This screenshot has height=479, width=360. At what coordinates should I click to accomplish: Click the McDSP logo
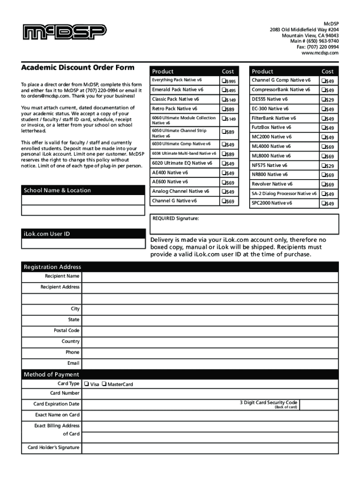(65, 32)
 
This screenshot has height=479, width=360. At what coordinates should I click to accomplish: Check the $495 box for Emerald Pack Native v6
(223, 90)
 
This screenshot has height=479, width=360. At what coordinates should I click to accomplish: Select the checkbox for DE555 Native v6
(323, 100)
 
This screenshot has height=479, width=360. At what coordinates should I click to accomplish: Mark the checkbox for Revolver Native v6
(323, 185)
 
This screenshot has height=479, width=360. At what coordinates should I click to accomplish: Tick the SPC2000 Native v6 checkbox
(323, 203)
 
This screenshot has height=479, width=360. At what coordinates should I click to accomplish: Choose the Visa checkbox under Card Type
(86, 384)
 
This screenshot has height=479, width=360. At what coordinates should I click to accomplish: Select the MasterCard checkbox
(104, 384)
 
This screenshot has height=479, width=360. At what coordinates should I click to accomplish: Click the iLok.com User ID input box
(83, 244)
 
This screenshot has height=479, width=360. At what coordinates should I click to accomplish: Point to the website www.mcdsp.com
(320, 53)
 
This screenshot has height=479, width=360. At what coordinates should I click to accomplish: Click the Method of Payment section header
(51, 374)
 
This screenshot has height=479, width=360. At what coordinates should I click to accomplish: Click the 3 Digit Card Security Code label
(268, 402)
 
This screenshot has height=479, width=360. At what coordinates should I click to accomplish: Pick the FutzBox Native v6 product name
(271, 127)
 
